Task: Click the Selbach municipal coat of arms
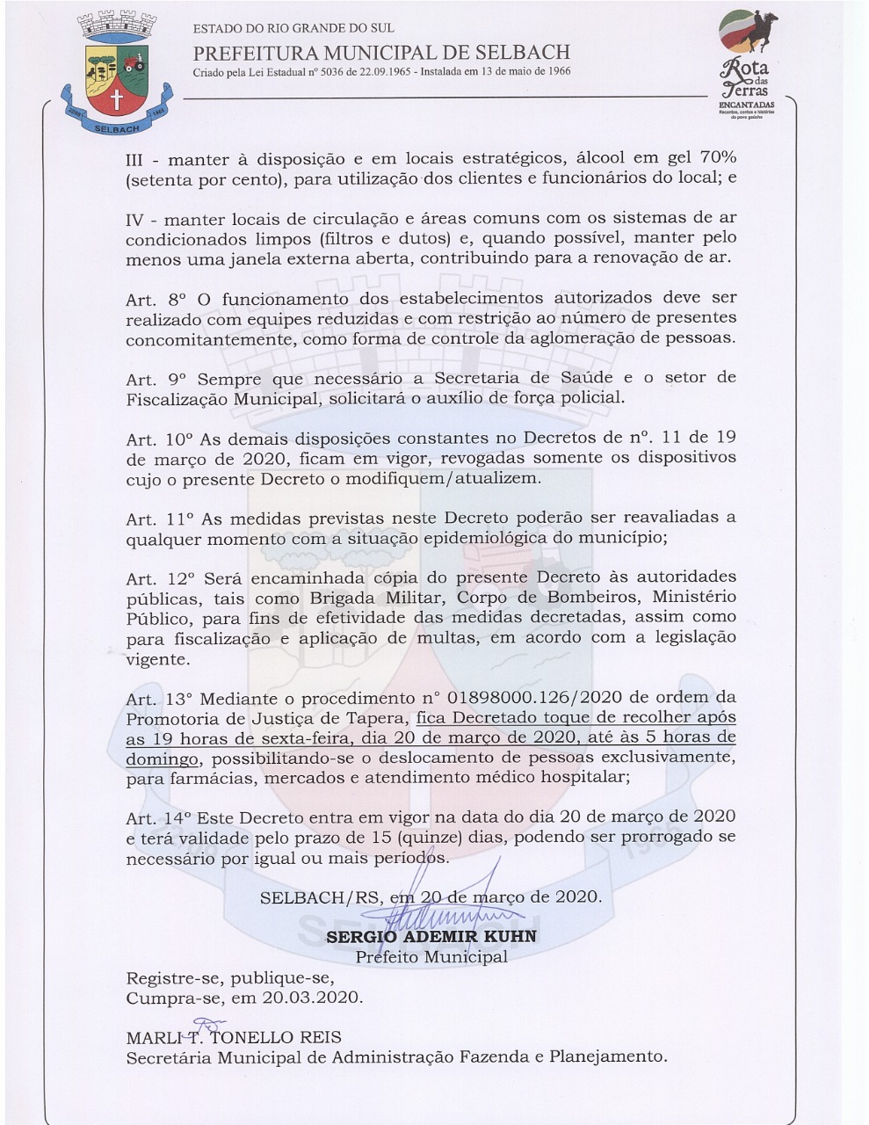tap(111, 75)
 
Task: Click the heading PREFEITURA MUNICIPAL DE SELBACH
tap(381, 52)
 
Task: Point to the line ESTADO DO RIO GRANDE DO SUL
tap(293, 28)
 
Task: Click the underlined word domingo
tap(162, 758)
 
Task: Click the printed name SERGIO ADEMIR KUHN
tap(431, 937)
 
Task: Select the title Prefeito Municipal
tap(431, 957)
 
